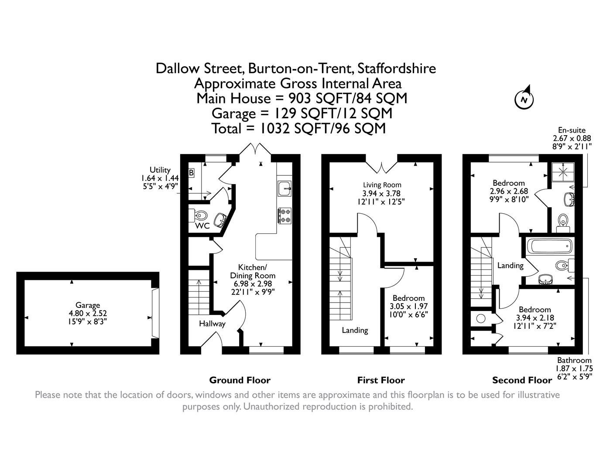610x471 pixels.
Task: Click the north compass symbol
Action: (524, 99)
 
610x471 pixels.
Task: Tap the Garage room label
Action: (88, 305)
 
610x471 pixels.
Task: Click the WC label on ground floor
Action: (202, 226)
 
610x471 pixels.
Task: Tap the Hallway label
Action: (212, 324)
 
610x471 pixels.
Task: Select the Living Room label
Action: (382, 185)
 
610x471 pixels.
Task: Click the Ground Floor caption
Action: (240, 380)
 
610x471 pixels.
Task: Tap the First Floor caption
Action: (381, 380)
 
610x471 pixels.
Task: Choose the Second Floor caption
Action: (522, 380)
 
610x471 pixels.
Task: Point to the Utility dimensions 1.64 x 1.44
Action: (160, 178)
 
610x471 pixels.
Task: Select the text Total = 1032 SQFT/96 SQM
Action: (298, 129)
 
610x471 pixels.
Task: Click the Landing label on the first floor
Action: (355, 330)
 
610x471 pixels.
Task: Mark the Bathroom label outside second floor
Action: (574, 360)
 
